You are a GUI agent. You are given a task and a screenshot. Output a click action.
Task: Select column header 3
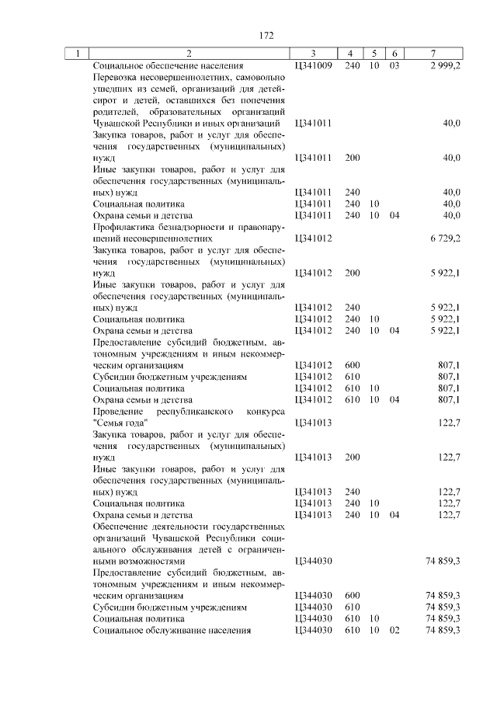click(x=312, y=54)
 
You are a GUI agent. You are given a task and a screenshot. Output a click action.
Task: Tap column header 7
click(x=432, y=54)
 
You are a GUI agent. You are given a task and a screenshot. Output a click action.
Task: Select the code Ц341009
click(x=314, y=65)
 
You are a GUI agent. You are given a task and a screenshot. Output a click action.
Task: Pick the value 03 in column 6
click(x=394, y=65)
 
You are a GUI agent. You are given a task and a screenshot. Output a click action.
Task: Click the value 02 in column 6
click(x=394, y=630)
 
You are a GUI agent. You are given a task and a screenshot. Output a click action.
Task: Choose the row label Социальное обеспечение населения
click(x=167, y=65)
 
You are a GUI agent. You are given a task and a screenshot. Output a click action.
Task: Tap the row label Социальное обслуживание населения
click(x=172, y=630)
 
